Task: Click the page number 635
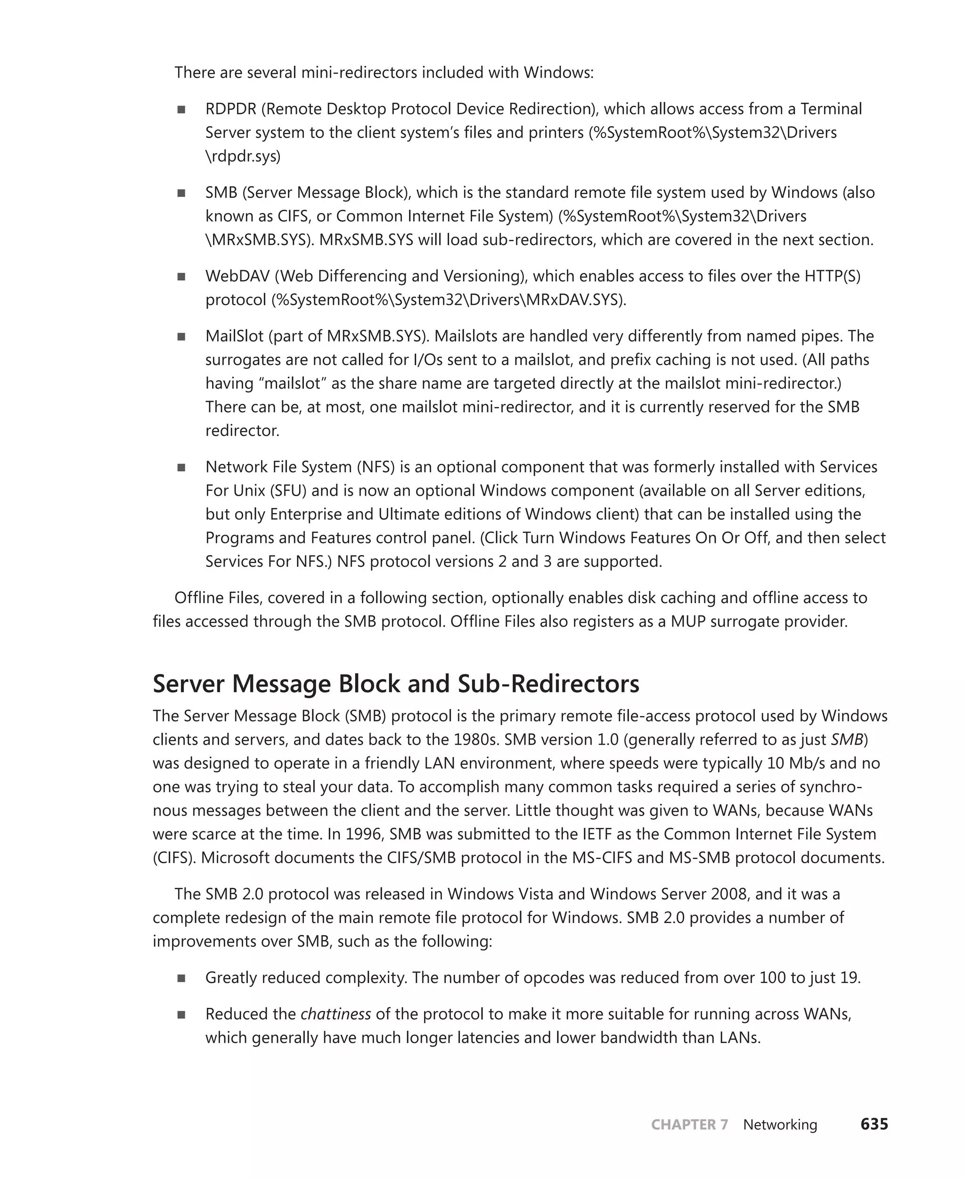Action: point(874,1124)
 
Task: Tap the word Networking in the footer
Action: point(780,1125)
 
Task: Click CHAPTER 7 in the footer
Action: point(689,1125)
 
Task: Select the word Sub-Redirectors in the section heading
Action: point(548,684)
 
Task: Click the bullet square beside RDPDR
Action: point(181,109)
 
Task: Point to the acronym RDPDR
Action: point(231,109)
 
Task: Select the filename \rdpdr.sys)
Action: point(243,157)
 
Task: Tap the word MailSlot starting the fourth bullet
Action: point(234,336)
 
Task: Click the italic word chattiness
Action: point(335,1014)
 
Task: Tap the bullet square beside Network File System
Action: point(181,467)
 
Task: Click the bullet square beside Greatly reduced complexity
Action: point(181,978)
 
